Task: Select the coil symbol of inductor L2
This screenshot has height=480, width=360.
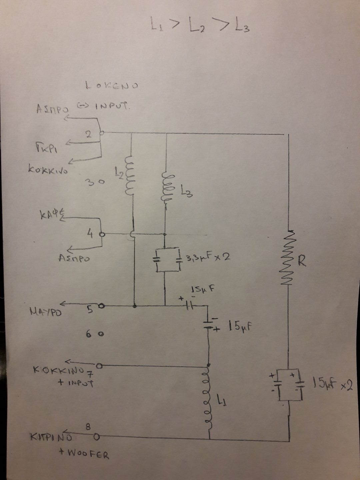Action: point(129,175)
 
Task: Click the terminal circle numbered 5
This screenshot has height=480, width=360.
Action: point(103,305)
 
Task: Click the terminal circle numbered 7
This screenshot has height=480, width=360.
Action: point(99,366)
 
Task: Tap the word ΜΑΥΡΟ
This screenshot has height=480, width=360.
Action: point(46,312)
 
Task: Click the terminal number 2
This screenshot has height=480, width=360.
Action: point(89,134)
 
